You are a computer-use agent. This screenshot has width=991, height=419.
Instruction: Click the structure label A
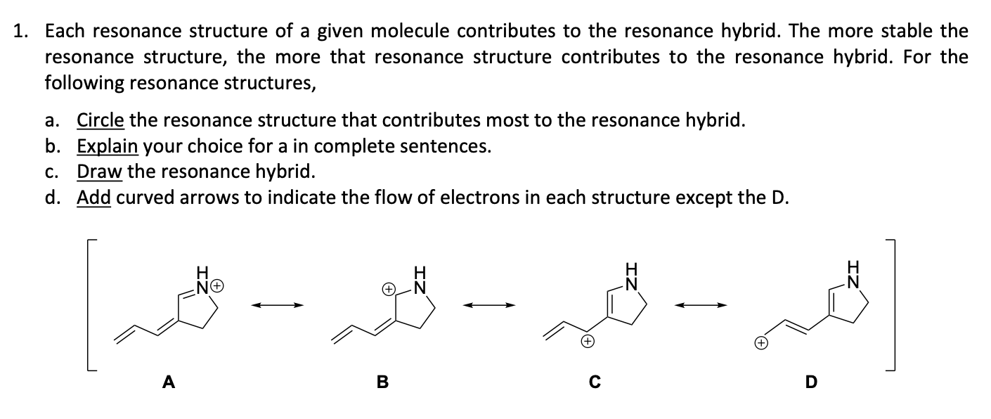[x=168, y=382]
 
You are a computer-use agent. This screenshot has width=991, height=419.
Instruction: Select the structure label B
[x=382, y=382]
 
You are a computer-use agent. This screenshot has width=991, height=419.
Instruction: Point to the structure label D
[x=810, y=382]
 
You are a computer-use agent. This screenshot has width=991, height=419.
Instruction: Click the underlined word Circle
[x=101, y=120]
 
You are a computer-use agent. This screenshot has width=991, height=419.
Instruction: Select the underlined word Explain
[x=107, y=146]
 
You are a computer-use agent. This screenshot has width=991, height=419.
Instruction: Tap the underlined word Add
[x=93, y=198]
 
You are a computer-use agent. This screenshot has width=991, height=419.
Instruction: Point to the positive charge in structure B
[x=388, y=288]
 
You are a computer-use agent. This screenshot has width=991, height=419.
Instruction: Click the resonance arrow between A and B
[x=278, y=304]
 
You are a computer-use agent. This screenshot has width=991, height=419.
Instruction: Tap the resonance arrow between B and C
[x=488, y=304]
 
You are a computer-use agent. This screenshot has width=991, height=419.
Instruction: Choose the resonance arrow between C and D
[x=701, y=304]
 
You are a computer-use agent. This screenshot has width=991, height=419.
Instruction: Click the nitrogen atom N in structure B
[x=421, y=287]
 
